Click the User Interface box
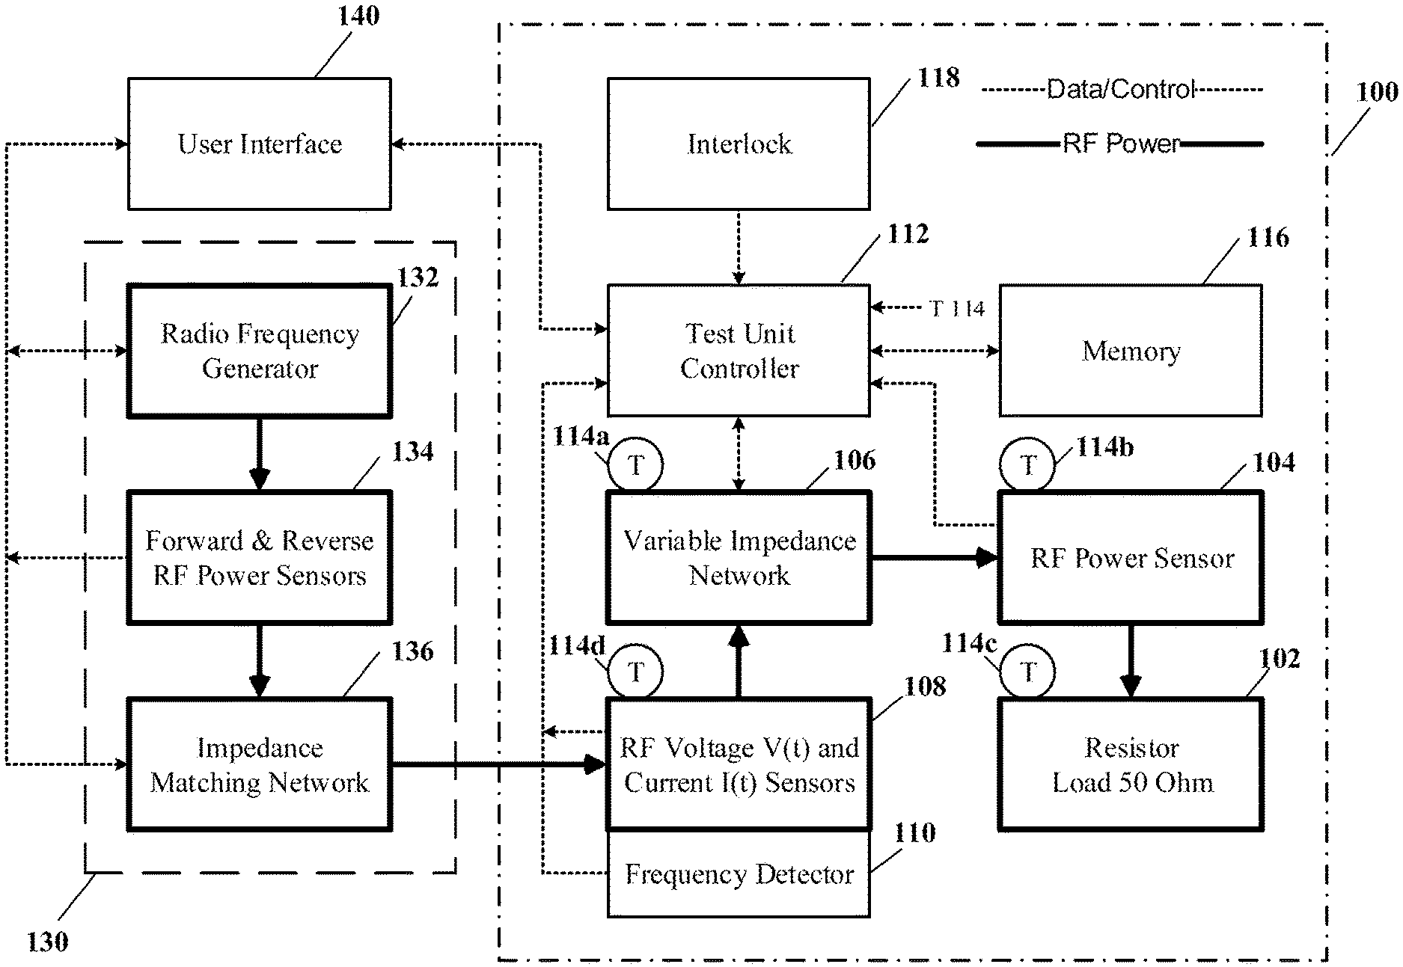click(259, 144)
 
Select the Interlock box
click(739, 144)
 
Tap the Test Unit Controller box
click(739, 350)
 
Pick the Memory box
click(1131, 350)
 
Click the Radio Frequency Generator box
click(259, 350)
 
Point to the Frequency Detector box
click(739, 874)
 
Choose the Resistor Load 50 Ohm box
click(1131, 764)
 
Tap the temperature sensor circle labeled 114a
click(635, 465)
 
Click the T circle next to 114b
click(1028, 465)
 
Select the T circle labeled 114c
click(1028, 672)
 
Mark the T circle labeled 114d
click(635, 672)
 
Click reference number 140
click(358, 16)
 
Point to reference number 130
click(47, 942)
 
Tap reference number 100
click(1377, 92)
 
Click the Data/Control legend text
click(1121, 90)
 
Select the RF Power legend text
click(1121, 144)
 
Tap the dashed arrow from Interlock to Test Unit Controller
click(739, 247)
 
